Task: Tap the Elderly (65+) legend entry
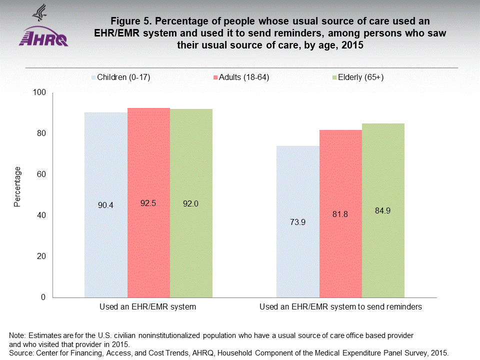[357, 77]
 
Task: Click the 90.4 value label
[106, 204]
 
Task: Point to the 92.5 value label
[148, 203]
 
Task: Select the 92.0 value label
[191, 203]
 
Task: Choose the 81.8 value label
[340, 214]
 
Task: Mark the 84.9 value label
[382, 210]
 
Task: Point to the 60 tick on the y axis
[41, 174]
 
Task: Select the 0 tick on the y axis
[43, 297]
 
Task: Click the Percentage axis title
[17, 187]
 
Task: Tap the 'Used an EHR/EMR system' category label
[148, 307]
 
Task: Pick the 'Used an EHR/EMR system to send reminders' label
[340, 307]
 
